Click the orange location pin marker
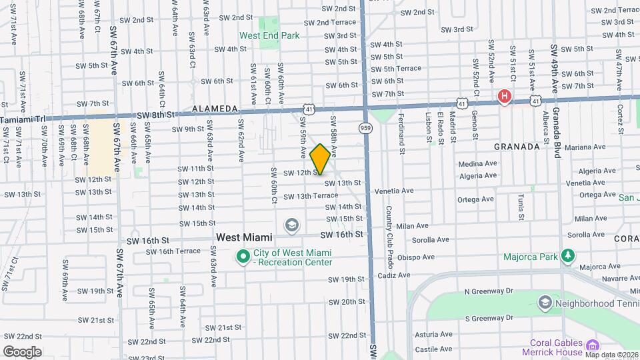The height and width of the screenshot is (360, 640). coord(320,159)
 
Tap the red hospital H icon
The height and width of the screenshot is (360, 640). coord(505,97)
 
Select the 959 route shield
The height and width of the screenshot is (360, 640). coord(366,127)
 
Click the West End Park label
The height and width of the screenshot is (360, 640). coord(269,35)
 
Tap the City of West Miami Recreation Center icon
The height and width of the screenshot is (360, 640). coord(243,255)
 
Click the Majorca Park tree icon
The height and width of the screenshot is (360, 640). coord(567,255)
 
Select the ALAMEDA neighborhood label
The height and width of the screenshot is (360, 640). coord(215,109)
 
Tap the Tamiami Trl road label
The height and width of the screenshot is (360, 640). coord(23,119)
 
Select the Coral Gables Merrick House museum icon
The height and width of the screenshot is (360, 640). coord(591,345)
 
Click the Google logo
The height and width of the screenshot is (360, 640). coord(22,352)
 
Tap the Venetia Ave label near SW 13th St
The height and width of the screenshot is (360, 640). coord(394,191)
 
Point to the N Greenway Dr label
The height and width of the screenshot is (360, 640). coord(489,291)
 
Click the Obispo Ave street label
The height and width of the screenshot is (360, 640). coord(415,257)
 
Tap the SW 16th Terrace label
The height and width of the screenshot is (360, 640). coord(172,251)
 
